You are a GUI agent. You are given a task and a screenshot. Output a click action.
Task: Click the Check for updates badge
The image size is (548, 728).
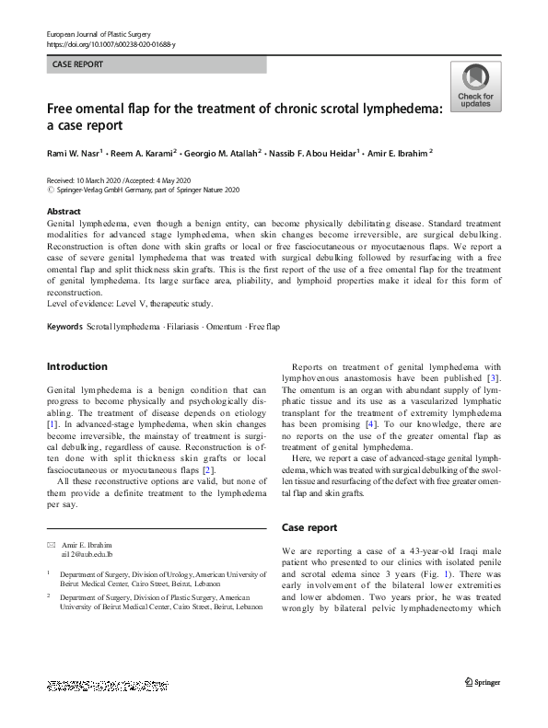click(475, 87)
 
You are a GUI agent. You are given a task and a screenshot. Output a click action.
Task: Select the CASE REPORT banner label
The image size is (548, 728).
click(78, 64)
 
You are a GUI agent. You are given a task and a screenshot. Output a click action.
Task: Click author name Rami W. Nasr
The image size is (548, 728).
click(74, 153)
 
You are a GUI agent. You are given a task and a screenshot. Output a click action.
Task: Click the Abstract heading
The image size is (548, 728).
click(64, 212)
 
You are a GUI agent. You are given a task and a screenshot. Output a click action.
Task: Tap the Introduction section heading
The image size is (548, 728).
click(77, 366)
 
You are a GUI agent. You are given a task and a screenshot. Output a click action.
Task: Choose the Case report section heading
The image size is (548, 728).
click(311, 527)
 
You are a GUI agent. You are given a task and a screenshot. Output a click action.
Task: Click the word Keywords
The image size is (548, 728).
click(64, 328)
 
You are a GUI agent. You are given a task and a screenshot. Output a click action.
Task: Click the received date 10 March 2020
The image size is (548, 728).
click(97, 180)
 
